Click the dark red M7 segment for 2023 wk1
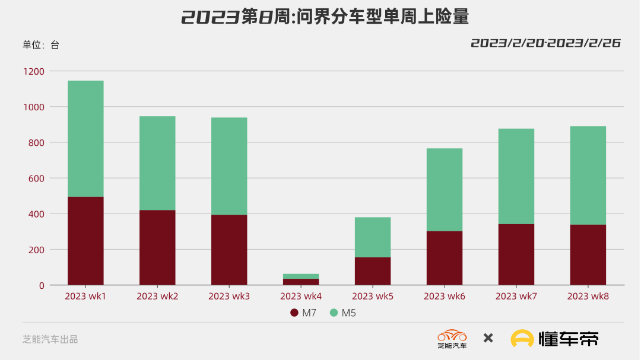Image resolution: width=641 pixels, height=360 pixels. click(85, 241)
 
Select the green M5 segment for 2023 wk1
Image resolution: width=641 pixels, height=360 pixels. click(85, 138)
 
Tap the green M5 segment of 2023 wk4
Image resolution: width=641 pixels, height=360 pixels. click(301, 276)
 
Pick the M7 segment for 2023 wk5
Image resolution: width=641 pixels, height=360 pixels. click(373, 271)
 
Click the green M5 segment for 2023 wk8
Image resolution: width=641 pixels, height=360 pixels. click(588, 176)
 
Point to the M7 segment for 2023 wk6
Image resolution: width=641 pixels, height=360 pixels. click(445, 258)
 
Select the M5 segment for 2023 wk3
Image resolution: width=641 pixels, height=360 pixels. click(229, 166)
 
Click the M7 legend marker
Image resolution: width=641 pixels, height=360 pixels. click(294, 313)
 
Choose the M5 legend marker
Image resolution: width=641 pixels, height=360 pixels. click(334, 313)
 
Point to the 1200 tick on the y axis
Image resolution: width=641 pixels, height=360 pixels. click(34, 72)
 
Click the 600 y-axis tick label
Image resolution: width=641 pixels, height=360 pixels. click(36, 179)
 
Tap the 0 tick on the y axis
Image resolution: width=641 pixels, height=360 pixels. click(42, 285)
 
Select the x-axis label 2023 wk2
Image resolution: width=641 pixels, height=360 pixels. click(157, 297)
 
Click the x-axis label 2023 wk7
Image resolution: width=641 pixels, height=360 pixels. click(516, 297)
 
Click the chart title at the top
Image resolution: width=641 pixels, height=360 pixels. click(325, 17)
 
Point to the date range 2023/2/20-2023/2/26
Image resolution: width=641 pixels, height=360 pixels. click(545, 43)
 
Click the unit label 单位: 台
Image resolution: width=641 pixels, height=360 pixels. click(41, 45)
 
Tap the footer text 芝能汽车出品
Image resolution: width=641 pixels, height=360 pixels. click(50, 339)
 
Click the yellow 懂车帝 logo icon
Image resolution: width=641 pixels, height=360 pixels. click(522, 339)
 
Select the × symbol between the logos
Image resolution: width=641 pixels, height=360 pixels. click(488, 338)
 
